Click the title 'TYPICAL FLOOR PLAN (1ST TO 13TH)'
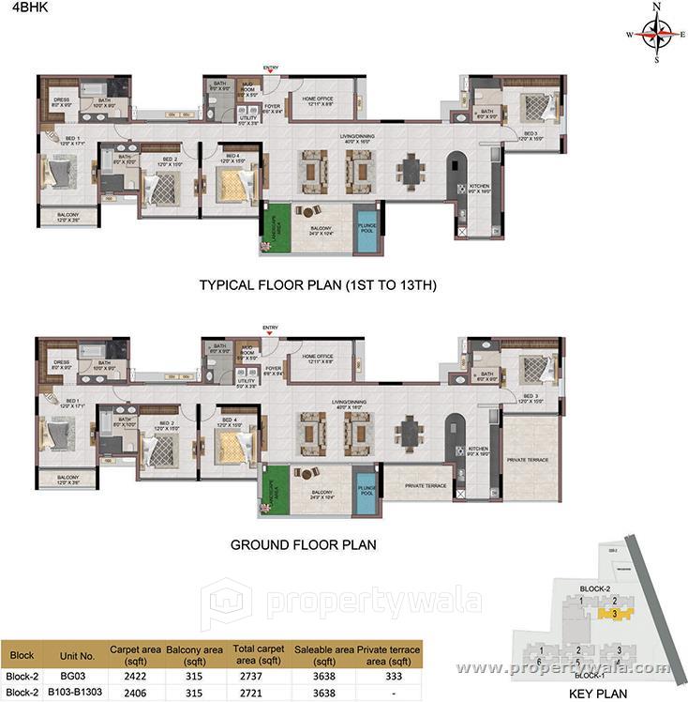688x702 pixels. pos(318,284)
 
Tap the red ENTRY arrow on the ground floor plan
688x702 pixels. pos(270,333)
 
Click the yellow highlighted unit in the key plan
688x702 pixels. pos(614,614)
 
